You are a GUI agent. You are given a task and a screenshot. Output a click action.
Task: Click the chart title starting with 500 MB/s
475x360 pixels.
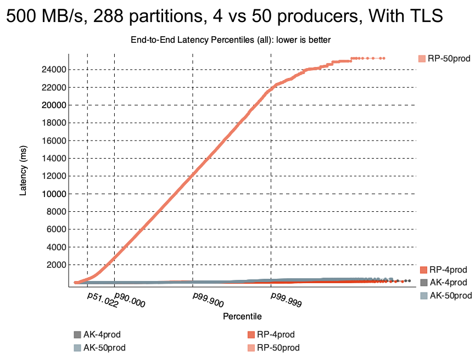point(224,16)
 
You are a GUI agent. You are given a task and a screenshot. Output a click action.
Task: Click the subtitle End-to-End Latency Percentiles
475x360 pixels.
point(231,40)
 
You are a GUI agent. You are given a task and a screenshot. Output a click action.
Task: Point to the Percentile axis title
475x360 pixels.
point(242,317)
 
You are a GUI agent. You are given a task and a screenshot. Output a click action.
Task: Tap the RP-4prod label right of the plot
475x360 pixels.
point(448,269)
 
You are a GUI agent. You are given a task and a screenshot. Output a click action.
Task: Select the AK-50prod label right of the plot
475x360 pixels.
point(450,296)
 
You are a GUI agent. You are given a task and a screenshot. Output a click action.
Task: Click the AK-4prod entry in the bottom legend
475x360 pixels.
point(102,335)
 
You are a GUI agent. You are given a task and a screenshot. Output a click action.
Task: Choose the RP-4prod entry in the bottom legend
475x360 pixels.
point(276,335)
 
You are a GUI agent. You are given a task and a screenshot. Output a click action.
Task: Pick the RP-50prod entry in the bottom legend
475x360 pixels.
point(278,347)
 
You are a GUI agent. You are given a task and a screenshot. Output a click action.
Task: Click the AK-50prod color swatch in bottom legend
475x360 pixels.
point(77,347)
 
